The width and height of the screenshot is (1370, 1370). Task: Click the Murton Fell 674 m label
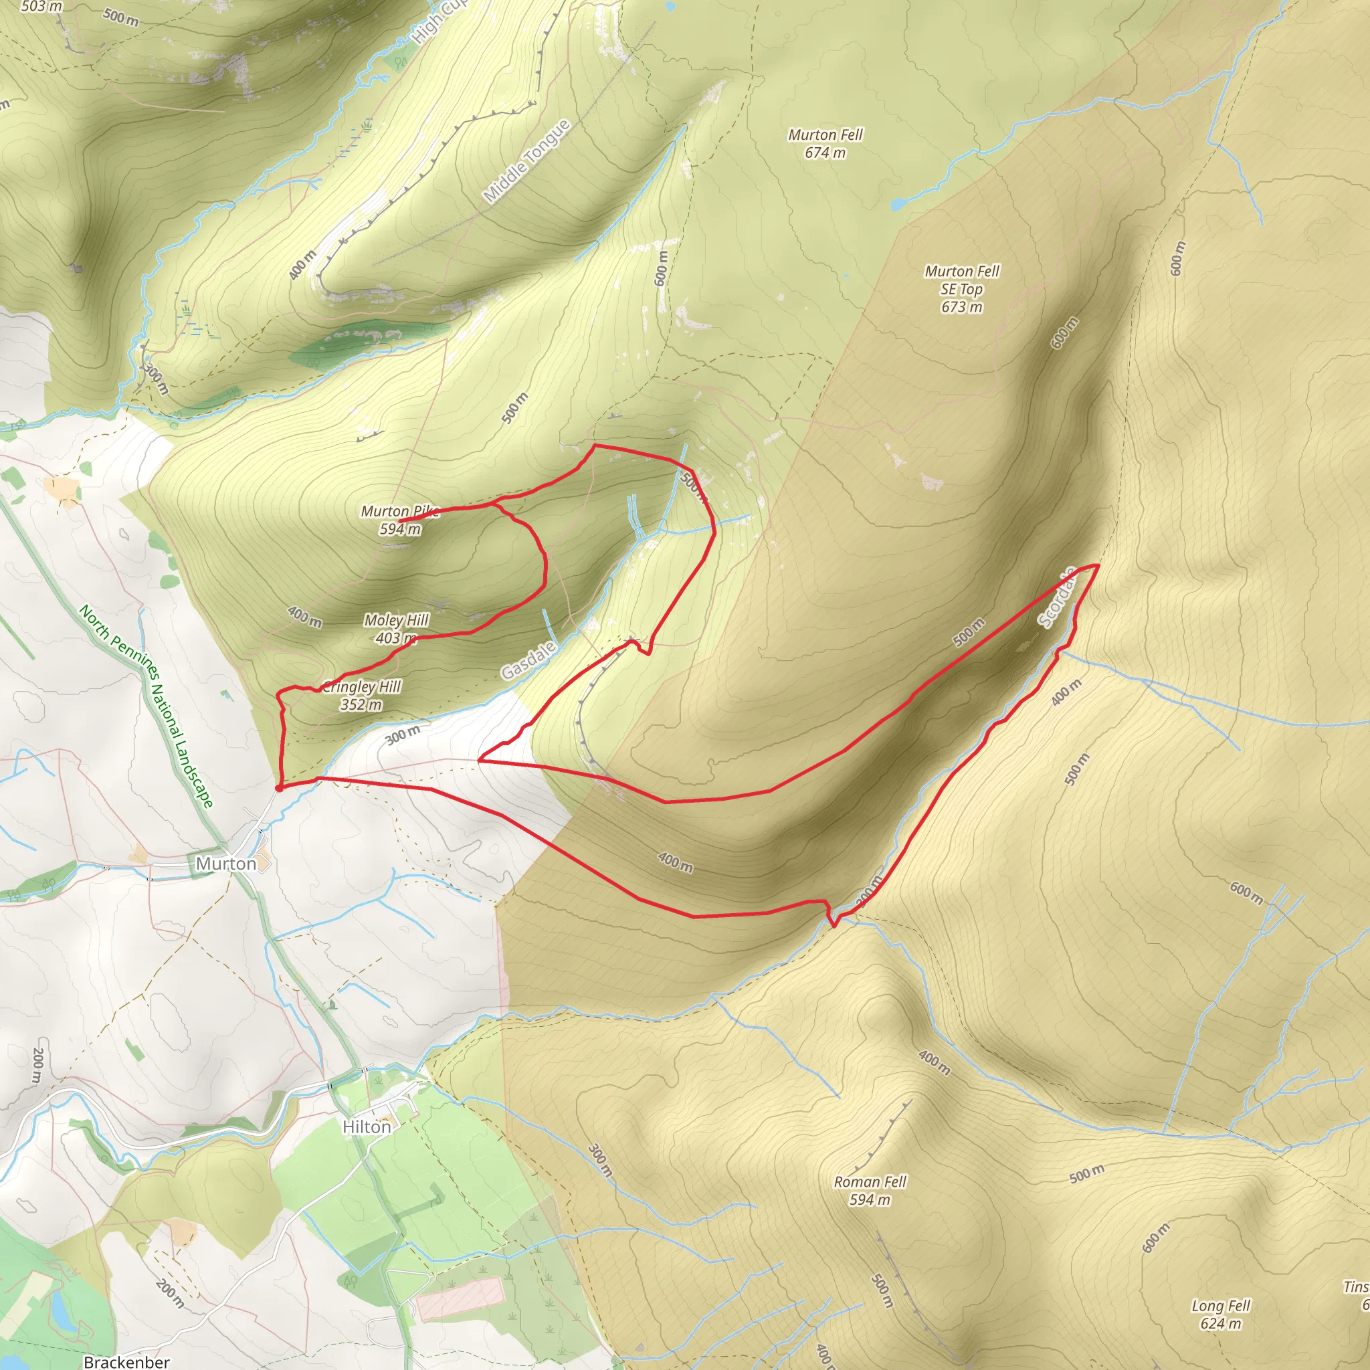tap(825, 143)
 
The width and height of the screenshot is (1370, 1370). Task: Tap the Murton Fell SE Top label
tap(961, 288)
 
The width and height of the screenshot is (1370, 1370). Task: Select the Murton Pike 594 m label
tap(401, 520)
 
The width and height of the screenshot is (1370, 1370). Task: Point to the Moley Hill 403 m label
tap(396, 628)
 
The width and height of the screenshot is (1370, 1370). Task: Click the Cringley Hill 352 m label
tap(362, 695)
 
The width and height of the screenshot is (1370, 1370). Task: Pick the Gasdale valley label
tap(528, 660)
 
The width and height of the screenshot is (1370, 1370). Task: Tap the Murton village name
tap(225, 864)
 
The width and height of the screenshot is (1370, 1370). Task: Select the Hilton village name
tap(367, 1127)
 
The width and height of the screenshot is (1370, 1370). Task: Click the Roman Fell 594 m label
tap(870, 1191)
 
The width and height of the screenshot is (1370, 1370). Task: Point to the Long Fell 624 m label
tap(1220, 1314)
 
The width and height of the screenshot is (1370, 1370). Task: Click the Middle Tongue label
tap(526, 161)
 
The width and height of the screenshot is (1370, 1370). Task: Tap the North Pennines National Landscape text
tap(146, 706)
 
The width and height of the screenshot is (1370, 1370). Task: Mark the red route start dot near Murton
tap(280, 787)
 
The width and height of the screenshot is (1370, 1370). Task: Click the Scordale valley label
tap(1056, 599)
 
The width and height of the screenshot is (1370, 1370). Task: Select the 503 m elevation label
tap(41, 7)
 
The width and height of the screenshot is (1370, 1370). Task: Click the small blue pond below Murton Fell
tap(898, 204)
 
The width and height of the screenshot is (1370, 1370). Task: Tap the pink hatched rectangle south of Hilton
tap(460, 1299)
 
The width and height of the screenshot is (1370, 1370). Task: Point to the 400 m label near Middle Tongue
tap(303, 265)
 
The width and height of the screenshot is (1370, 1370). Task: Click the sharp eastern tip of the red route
tap(1098, 565)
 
